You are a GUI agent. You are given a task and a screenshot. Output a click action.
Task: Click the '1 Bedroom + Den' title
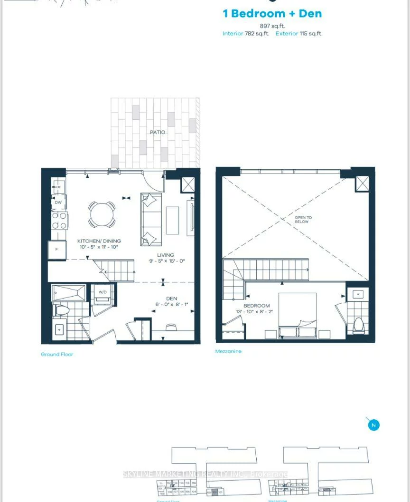(x=272, y=13)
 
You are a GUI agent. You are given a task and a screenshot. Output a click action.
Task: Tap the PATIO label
(x=158, y=132)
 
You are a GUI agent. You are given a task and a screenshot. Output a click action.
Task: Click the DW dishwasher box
(x=59, y=202)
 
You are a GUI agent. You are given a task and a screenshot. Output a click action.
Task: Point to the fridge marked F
(x=57, y=250)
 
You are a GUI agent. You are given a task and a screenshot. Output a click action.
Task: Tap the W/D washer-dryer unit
(x=102, y=291)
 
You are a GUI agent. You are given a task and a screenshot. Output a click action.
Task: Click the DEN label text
(x=171, y=299)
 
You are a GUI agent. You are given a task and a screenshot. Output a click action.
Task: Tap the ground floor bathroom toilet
(x=62, y=310)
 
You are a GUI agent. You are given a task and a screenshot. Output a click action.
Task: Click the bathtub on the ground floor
(x=69, y=292)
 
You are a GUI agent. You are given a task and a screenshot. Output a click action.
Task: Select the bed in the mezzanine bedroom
(x=298, y=316)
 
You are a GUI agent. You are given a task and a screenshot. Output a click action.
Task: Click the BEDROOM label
(x=257, y=306)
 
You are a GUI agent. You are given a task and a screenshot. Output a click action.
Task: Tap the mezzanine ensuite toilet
(x=359, y=325)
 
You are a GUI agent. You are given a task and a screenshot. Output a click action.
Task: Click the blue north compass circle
(x=373, y=425)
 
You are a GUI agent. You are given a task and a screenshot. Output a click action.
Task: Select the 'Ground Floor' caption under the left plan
(x=57, y=354)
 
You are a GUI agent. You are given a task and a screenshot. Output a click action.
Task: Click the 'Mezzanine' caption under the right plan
(x=228, y=351)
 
